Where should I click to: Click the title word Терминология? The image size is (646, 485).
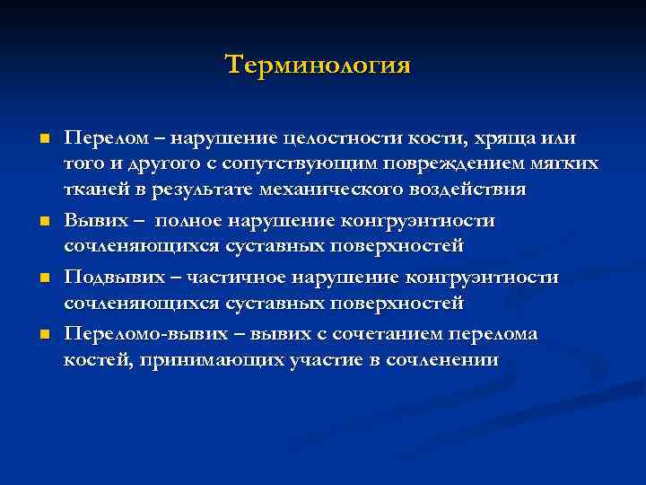[318, 66]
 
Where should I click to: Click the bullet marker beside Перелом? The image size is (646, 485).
[43, 139]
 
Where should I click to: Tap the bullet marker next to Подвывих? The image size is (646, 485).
[43, 278]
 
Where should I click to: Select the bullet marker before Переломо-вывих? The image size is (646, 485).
[43, 334]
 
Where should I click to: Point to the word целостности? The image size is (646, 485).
[331, 139]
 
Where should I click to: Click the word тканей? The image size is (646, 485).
[96, 191]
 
